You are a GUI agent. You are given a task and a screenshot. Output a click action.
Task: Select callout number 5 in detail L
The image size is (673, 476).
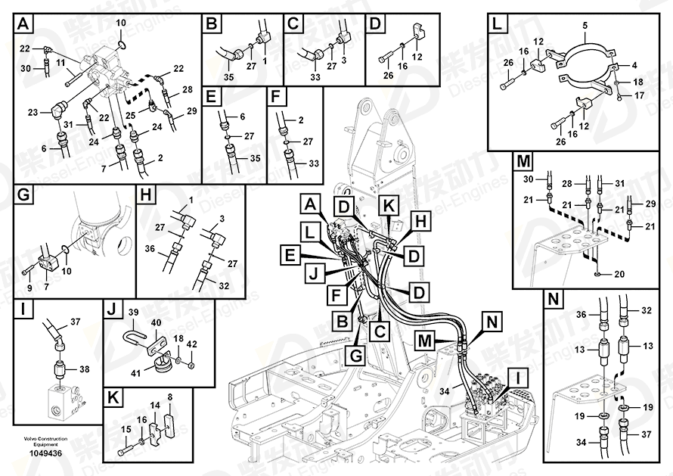584,26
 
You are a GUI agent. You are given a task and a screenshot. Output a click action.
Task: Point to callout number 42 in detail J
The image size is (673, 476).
191,344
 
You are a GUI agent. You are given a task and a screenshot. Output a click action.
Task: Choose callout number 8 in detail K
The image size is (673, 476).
169,397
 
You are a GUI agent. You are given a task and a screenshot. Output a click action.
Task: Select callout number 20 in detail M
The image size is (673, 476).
620,274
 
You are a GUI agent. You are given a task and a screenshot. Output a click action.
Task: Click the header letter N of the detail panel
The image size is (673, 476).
554,300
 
